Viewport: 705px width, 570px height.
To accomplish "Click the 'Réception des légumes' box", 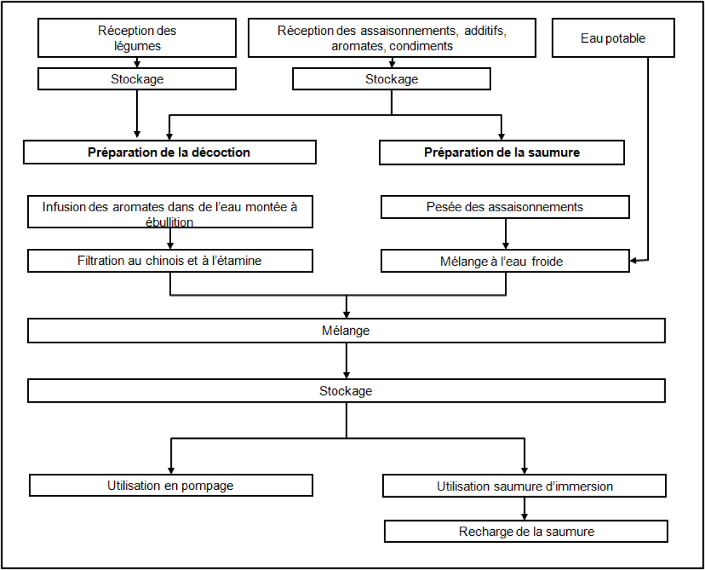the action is [137, 38].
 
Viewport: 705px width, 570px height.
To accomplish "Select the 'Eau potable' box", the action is [613, 38].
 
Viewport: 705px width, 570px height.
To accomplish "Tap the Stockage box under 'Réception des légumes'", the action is [137, 79].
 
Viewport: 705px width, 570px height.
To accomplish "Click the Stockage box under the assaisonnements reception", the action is [392, 79].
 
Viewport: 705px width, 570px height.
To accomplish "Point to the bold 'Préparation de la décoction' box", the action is [170, 152].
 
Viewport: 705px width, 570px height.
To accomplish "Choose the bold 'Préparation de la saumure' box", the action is [502, 153].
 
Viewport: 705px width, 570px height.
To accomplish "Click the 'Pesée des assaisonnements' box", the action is [506, 207].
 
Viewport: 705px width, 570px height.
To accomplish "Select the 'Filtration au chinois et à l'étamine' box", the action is [170, 260].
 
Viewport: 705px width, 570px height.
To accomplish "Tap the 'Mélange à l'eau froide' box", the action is [506, 261].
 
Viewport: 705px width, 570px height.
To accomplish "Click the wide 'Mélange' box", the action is [346, 330].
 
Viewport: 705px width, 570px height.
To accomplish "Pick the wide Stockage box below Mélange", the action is [346, 391].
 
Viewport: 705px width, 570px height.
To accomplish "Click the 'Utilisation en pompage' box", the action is [171, 485].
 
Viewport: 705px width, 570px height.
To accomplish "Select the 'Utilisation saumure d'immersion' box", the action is [524, 486].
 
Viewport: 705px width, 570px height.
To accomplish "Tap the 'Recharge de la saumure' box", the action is [526, 531].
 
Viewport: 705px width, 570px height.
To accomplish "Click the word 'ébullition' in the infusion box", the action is [170, 222].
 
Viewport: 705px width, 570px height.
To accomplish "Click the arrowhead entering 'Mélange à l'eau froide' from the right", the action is [633, 260].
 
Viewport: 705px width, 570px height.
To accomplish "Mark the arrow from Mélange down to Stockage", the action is [346, 361].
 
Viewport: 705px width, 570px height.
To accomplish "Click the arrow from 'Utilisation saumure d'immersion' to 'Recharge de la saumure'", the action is [524, 509].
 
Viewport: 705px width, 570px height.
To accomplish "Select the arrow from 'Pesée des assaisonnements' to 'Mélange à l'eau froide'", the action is [506, 234].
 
